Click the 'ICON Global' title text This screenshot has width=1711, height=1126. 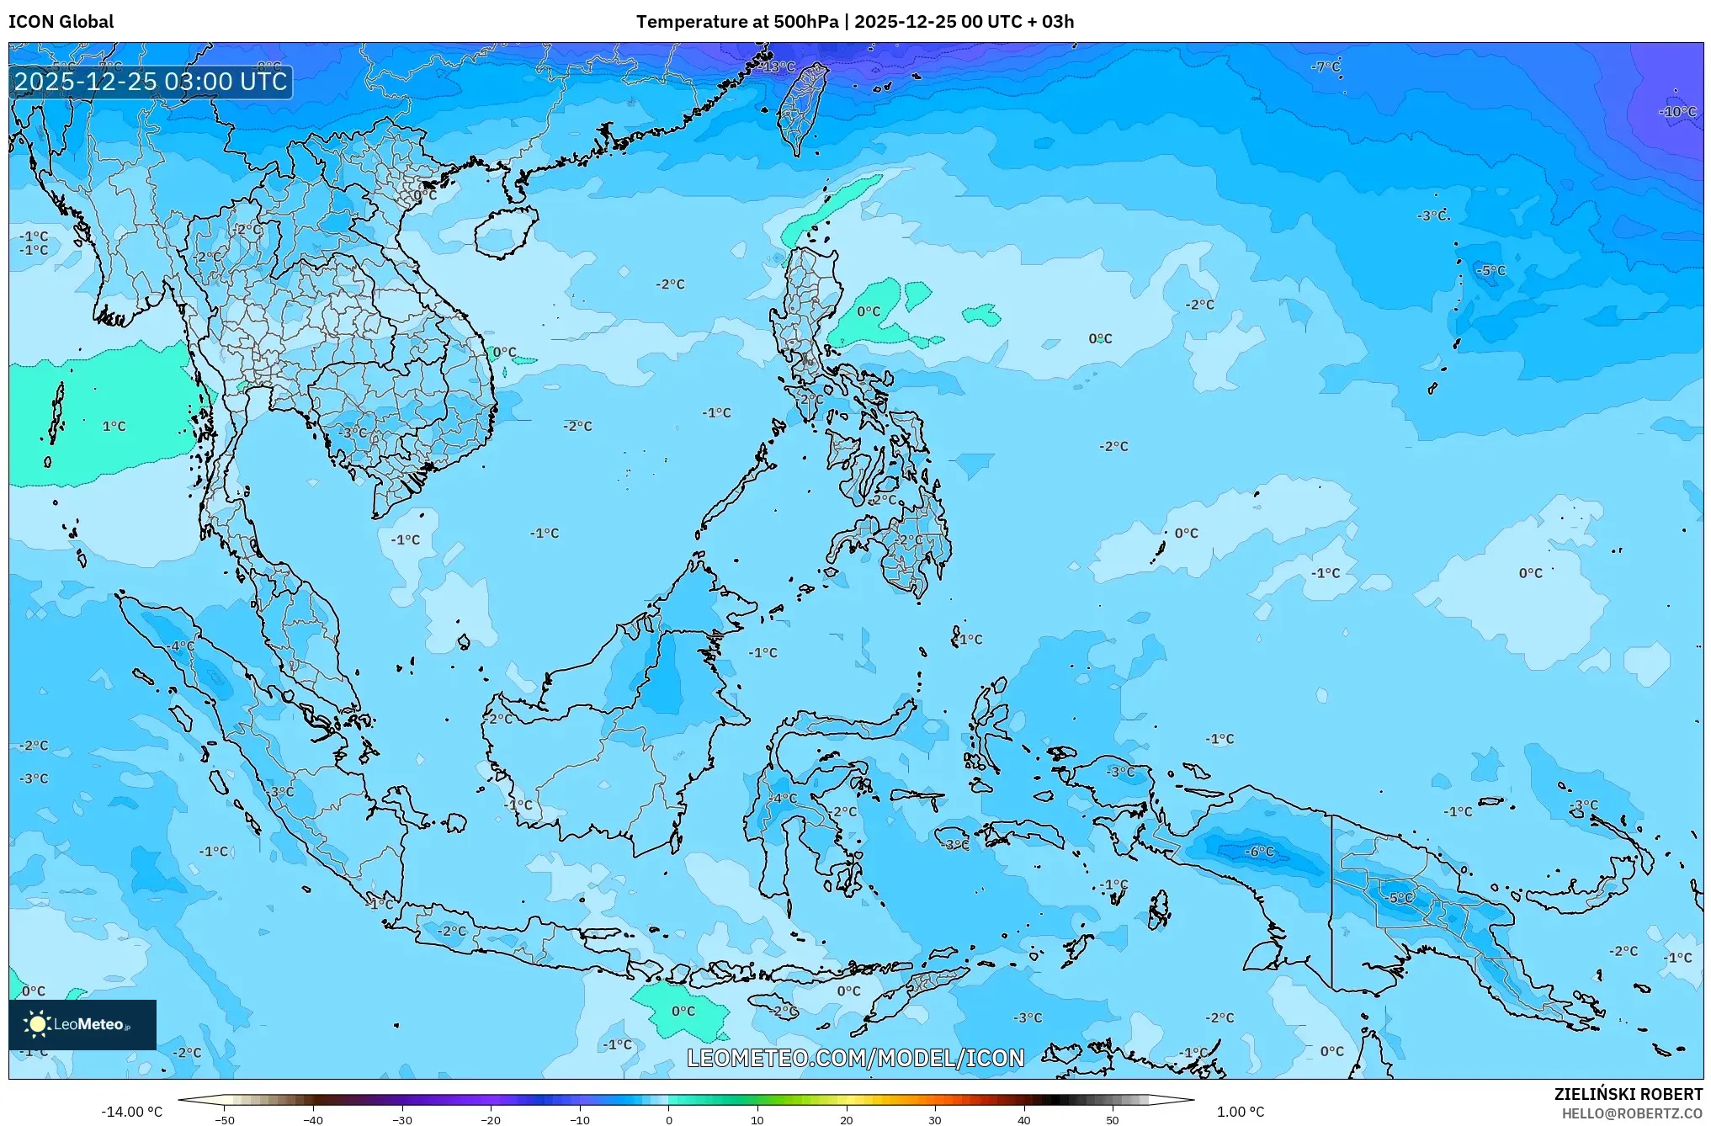(61, 22)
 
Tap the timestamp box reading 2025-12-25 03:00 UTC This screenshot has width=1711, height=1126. (151, 82)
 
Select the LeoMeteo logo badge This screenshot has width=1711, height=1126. (82, 1024)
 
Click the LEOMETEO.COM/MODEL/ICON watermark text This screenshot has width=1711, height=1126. (855, 1058)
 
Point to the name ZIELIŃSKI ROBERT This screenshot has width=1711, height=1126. (1628, 1094)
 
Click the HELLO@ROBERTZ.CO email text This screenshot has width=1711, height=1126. (1632, 1113)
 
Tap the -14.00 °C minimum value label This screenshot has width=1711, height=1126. (131, 1112)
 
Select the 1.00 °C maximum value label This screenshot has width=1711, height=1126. (1240, 1112)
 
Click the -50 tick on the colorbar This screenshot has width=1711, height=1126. (224, 1119)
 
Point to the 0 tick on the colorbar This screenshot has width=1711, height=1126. (668, 1119)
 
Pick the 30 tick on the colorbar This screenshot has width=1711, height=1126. (934, 1119)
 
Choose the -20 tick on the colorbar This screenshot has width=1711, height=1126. (491, 1119)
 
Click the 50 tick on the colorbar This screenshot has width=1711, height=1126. (1112, 1119)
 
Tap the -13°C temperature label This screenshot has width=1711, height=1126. (778, 66)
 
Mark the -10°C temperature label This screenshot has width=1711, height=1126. (1677, 112)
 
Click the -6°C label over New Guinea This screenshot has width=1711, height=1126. (1259, 852)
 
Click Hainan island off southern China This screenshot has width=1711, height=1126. (506, 231)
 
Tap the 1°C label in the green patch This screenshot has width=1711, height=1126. (114, 427)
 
